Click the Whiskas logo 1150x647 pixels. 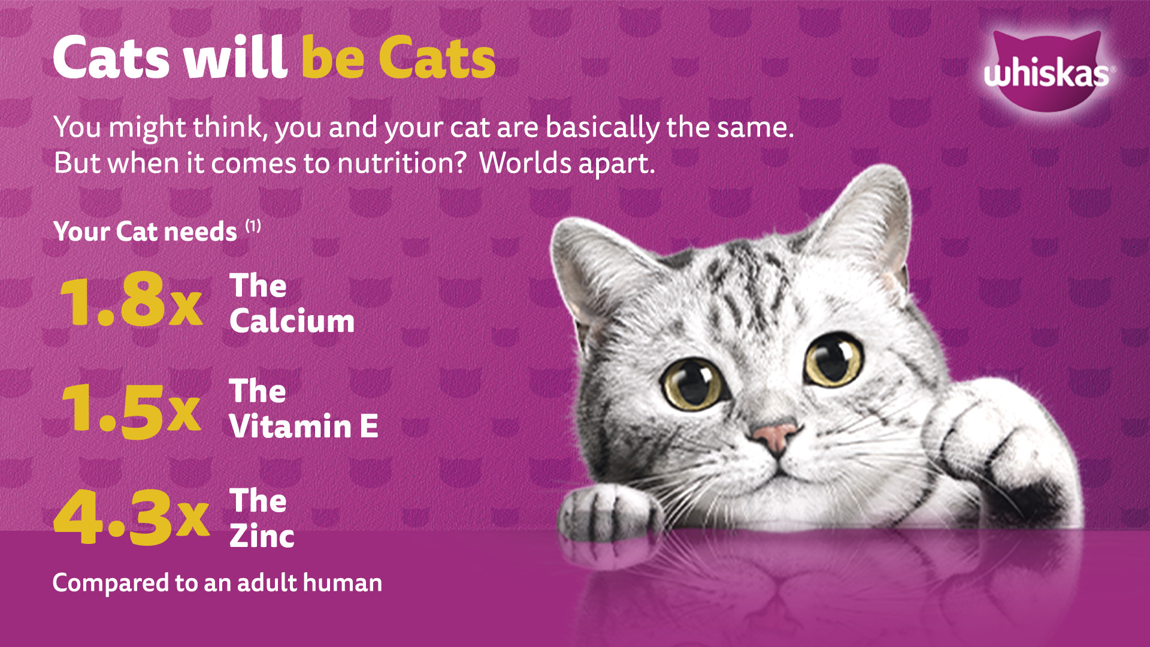pyautogui.click(x=1047, y=71)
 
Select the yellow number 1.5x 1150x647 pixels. pyautogui.click(x=131, y=410)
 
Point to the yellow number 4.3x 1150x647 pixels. pyautogui.click(x=132, y=516)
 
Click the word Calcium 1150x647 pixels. pyautogui.click(x=292, y=321)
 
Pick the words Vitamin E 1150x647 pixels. pyautogui.click(x=304, y=427)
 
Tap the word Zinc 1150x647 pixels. pyautogui.click(x=262, y=536)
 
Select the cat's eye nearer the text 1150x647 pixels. pyautogui.click(x=694, y=383)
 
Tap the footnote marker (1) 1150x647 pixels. pyautogui.click(x=253, y=226)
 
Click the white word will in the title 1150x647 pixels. pyautogui.click(x=235, y=58)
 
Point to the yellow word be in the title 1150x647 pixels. pyautogui.click(x=333, y=58)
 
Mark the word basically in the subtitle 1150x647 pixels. pyautogui.click(x=603, y=128)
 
